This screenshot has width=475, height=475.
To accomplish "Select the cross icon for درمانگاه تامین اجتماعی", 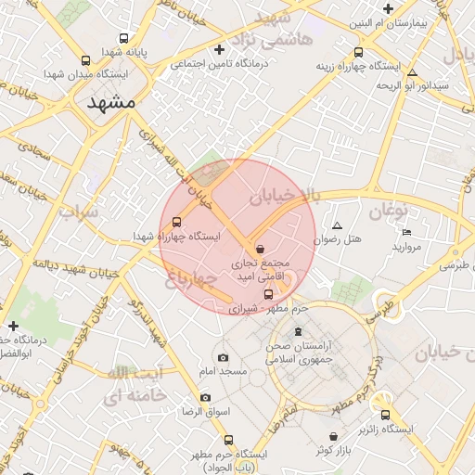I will tap(219, 49).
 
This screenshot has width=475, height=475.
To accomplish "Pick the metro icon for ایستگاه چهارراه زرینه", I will tap(358, 53).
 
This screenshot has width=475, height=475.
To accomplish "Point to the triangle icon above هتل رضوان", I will tap(337, 225).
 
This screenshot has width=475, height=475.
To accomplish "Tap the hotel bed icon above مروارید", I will tap(407, 232).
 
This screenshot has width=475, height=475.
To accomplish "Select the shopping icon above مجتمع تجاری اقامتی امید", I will tap(260, 250).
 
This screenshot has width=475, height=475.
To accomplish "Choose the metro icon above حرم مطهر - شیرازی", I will tap(268, 294).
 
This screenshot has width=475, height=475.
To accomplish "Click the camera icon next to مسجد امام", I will tap(223, 357).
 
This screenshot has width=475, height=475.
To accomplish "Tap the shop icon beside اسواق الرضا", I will tap(205, 397).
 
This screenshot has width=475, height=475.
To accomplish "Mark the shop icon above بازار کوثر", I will tap(333, 436).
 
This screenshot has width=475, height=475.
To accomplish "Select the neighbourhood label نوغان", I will tap(389, 211).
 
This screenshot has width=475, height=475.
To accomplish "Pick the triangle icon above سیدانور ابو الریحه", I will tap(413, 72).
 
